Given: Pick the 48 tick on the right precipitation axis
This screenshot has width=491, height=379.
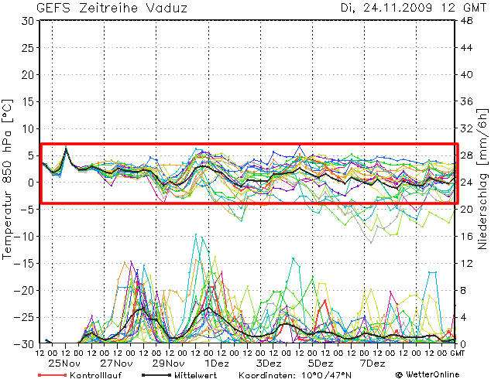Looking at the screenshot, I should [468, 21].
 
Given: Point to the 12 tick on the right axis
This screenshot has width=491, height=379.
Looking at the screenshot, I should [468, 264].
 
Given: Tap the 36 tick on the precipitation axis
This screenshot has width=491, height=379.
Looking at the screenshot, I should [468, 102].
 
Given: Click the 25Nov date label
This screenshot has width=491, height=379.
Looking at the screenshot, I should [66, 364].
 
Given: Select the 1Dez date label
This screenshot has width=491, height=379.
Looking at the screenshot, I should [217, 364].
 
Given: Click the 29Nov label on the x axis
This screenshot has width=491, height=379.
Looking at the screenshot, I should [168, 364].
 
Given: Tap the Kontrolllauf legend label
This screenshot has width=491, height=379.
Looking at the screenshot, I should [93, 374].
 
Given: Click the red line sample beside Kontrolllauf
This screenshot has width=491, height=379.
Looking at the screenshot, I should [51, 374].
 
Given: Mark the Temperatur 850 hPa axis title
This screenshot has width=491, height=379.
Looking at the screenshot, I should [8, 178].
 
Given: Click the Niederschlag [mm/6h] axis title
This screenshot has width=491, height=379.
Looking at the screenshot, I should [483, 182].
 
